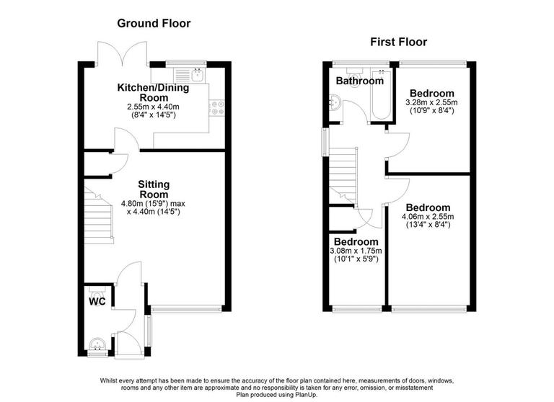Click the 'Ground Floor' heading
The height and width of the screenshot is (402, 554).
click(154, 24)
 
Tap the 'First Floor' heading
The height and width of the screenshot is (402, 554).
click(398, 42)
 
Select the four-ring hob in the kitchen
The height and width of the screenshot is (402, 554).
click(216, 108)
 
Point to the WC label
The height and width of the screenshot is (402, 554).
click(97, 301)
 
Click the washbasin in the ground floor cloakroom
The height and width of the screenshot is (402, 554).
click(97, 344)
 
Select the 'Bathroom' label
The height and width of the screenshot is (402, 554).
click(359, 81)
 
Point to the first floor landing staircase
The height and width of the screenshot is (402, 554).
click(344, 173)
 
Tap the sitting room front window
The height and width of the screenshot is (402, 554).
click(185, 308)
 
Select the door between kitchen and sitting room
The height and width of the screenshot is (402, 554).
click(119, 141)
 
